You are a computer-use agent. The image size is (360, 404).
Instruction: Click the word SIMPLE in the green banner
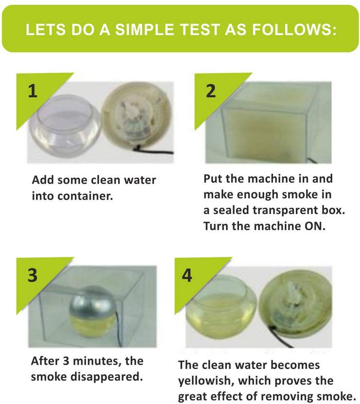tap(144, 29)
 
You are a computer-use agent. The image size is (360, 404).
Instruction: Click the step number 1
tap(33, 91)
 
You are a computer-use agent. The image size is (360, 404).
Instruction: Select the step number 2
tap(211, 91)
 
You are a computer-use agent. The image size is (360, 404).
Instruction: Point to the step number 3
tap(33, 275)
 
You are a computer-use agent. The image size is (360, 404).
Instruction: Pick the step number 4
tap(187, 275)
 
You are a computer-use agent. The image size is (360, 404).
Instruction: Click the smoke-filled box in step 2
tap(268, 123)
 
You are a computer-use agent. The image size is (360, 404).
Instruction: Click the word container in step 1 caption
tap(86, 196)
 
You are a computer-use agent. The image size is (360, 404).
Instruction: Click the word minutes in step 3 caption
tap(97, 361)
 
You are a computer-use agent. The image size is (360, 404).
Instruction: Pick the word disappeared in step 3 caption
tap(106, 377)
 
